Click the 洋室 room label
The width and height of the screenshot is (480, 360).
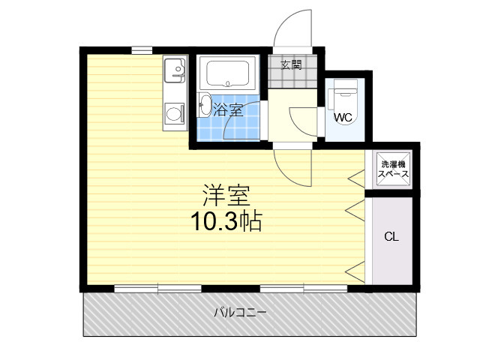pos(226,195)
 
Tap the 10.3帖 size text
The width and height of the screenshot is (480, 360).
pos(226,221)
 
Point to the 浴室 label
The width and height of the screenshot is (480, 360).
pos(228,110)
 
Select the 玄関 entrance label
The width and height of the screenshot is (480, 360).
pos(292,65)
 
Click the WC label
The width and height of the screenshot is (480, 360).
pos(343,117)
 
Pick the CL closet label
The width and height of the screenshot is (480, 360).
pos(391,237)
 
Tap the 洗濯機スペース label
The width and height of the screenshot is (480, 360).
pos(393,169)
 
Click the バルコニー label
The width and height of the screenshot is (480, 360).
pos(240,313)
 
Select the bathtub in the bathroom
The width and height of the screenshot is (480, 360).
pos(227,73)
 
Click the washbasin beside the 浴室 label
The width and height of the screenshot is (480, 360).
pos(205,105)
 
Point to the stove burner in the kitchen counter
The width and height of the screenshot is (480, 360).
pos(173,114)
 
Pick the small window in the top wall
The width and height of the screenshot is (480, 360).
pos(142,50)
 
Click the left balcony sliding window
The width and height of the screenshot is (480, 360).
pos(158,289)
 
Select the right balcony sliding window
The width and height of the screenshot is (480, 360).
pos(304,289)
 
